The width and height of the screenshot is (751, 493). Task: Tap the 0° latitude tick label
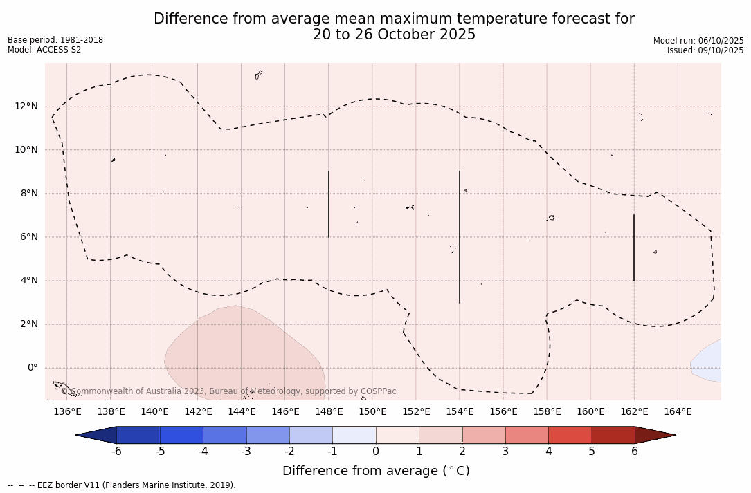pyautogui.click(x=33, y=368)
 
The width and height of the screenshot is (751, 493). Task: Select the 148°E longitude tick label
pyautogui.click(x=329, y=412)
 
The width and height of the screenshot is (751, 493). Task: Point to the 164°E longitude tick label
pyautogui.click(x=678, y=412)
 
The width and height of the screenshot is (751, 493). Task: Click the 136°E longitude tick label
pyautogui.click(x=67, y=412)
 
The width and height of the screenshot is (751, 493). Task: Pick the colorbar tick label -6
pyautogui.click(x=116, y=452)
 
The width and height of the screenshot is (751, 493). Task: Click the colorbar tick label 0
pyautogui.click(x=376, y=452)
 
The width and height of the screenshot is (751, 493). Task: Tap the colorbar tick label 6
pyautogui.click(x=635, y=452)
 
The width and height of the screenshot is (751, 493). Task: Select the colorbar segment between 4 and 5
pyautogui.click(x=570, y=435)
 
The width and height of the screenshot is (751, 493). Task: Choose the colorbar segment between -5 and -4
pyautogui.click(x=181, y=435)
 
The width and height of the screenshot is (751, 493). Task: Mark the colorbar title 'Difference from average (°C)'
pyautogui.click(x=376, y=471)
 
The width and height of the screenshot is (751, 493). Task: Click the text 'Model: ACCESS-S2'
pyautogui.click(x=44, y=50)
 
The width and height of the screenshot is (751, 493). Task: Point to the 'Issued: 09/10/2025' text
pyautogui.click(x=705, y=50)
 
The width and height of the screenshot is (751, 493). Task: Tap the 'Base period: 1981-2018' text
pyautogui.click(x=55, y=40)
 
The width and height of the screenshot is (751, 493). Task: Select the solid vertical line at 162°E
pyautogui.click(x=634, y=248)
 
